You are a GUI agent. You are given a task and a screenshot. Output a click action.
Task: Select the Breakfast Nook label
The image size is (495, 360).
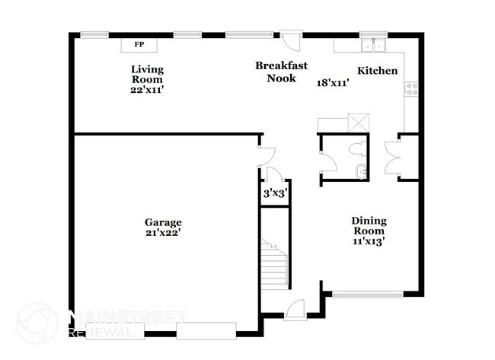click(x=281, y=72)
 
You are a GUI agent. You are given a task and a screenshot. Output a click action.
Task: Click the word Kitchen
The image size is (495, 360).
click(x=378, y=71)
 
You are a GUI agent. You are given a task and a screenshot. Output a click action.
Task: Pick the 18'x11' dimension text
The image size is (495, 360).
click(x=332, y=83)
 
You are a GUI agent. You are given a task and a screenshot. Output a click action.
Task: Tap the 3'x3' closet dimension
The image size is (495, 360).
click(x=273, y=193)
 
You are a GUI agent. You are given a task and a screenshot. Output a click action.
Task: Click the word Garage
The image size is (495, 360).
click(x=163, y=222)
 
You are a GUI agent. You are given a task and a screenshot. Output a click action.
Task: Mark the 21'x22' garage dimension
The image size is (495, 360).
click(x=163, y=233)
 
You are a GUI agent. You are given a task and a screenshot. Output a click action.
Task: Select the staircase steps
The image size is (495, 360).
click(x=274, y=263)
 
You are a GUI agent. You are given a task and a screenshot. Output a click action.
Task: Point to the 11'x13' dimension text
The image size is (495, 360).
click(x=369, y=241)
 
